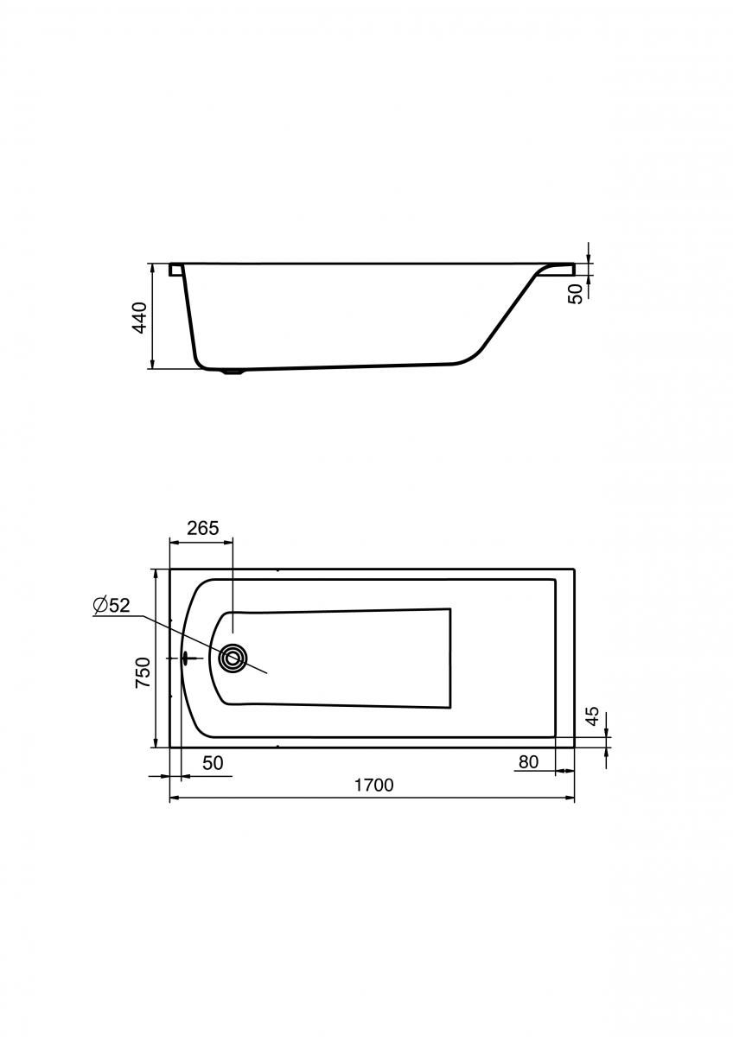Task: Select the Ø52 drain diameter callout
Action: (x=112, y=606)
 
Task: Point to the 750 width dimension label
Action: (x=143, y=672)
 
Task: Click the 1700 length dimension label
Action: (x=373, y=785)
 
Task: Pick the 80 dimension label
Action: (x=529, y=761)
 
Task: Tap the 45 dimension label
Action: (x=593, y=716)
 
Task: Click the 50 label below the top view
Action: (x=213, y=763)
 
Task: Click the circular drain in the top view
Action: (x=233, y=658)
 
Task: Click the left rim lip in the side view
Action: (x=176, y=269)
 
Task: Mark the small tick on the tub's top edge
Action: (x=277, y=570)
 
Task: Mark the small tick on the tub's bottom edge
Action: (x=277, y=745)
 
